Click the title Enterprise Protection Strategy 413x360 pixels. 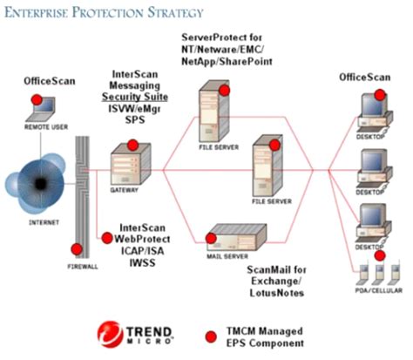[x=105, y=12]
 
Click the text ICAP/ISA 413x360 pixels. [x=141, y=248]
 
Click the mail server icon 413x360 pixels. [x=224, y=236]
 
